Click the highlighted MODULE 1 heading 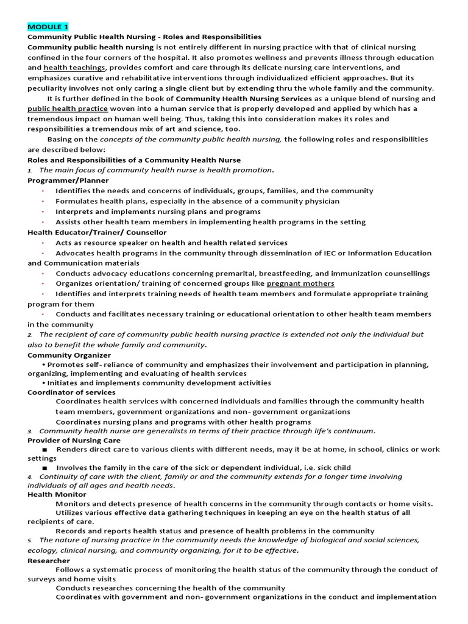click(x=48, y=27)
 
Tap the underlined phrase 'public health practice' click(x=68, y=108)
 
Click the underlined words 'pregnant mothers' click(x=300, y=283)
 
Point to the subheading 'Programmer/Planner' click(x=68, y=180)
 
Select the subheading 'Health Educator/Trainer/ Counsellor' click(x=97, y=232)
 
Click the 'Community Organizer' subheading click(x=69, y=355)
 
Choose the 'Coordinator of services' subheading click(x=71, y=392)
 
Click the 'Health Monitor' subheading click(x=57, y=494)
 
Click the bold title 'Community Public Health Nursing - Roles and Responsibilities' click(x=144, y=37)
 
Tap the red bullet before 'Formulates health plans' click(x=43, y=201)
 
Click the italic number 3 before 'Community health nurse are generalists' click(x=29, y=431)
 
